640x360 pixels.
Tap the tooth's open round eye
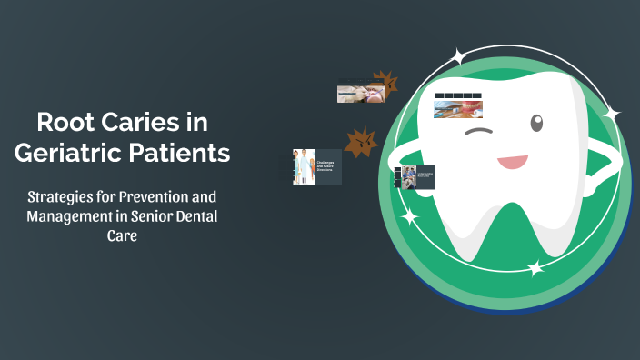point(536,122)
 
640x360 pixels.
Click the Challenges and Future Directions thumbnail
point(316,167)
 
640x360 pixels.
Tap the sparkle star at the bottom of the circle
point(535,267)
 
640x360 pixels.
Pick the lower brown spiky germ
point(362,142)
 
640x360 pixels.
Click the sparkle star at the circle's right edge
point(612,115)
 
